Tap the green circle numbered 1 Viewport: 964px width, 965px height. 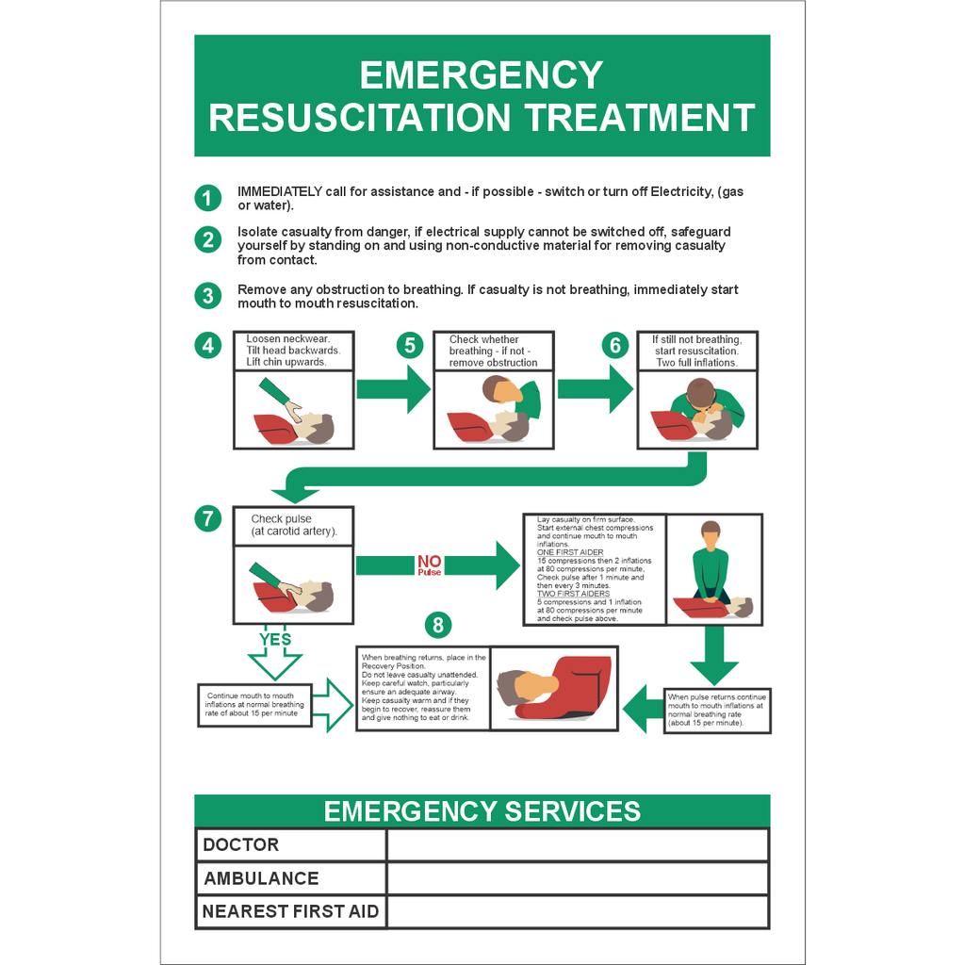pos(207,198)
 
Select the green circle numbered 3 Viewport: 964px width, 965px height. pos(207,296)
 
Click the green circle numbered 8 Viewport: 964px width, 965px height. pos(438,624)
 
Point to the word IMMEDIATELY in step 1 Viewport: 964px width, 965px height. pos(280,191)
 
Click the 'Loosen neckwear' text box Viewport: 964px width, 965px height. pos(293,351)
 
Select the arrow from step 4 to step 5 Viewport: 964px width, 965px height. pos(393,389)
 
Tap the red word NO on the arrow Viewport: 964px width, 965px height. pos(429,562)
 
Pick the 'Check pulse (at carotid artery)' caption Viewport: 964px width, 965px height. pos(293,525)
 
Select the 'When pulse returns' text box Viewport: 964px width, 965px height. pos(717,711)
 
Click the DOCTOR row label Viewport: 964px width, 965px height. pos(241,844)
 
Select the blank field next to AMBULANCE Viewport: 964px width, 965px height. pos(577,878)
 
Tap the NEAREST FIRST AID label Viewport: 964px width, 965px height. pos(290,911)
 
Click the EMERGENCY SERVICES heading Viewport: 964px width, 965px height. pos(482,811)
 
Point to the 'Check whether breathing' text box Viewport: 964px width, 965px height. pos(493,351)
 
